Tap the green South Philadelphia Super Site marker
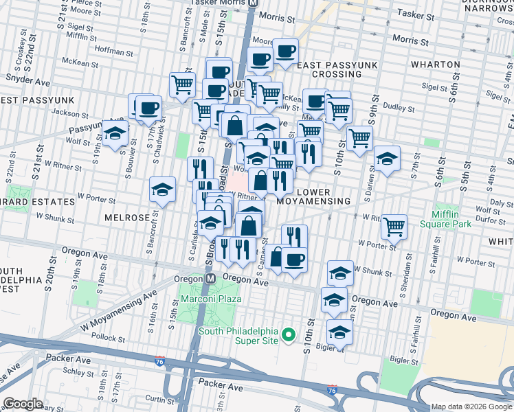point(289,336)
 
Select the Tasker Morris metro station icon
point(254,3)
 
